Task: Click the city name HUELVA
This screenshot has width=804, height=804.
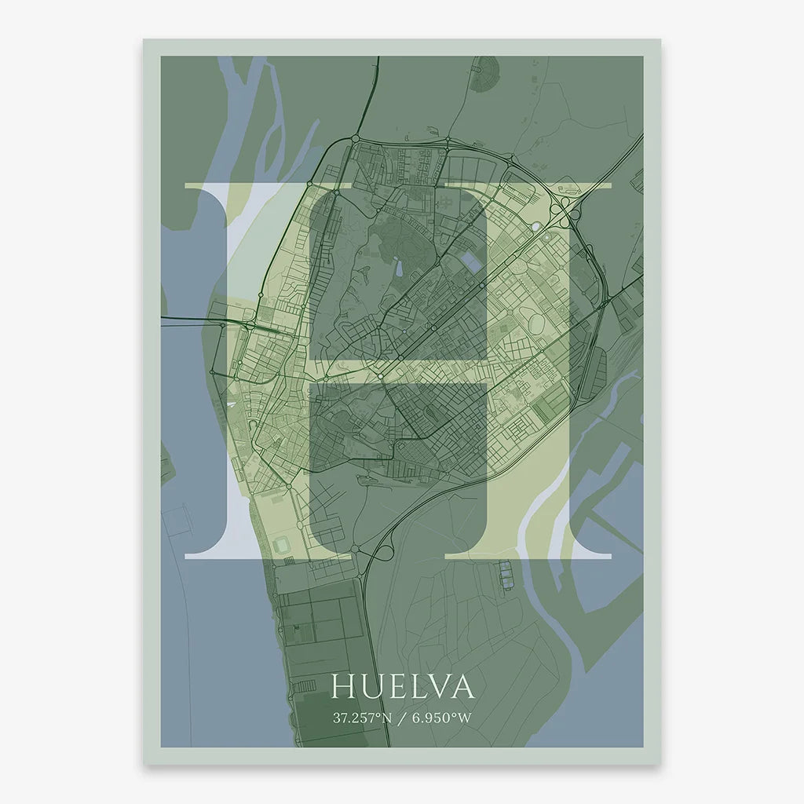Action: point(403,687)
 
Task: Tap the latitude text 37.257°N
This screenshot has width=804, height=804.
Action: point(361,718)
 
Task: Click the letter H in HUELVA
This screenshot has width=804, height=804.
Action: point(343,687)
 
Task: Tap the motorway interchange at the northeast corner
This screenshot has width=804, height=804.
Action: point(562,206)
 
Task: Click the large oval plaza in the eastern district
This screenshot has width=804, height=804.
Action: point(539,321)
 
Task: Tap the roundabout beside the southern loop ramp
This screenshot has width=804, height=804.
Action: point(355,548)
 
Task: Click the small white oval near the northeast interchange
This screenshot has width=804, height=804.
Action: point(536,228)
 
